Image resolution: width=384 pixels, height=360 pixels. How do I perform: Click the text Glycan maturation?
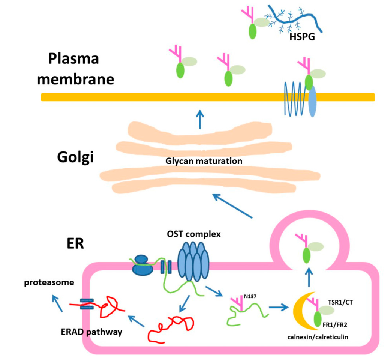pos(204,162)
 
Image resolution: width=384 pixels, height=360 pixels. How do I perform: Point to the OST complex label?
pos(193,234)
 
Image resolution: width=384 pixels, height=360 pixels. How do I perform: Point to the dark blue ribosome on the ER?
pos(143,265)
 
